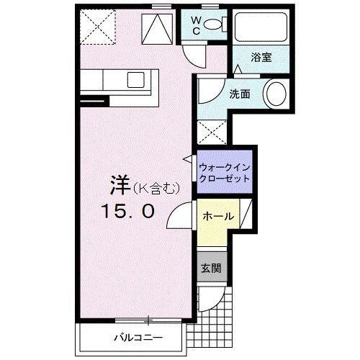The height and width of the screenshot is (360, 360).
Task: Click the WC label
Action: pos(194,27)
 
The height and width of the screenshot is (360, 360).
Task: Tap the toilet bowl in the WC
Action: pos(213,25)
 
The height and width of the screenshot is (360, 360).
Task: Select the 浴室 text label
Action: pos(261,58)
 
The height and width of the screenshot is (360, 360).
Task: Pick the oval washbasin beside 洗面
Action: pos(276,94)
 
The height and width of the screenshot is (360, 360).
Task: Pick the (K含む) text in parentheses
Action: pos(153,188)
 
